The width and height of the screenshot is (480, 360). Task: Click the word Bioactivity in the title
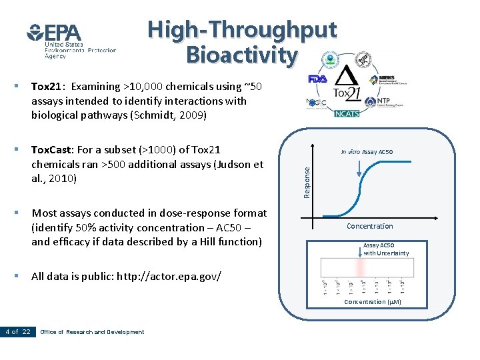pos(241,55)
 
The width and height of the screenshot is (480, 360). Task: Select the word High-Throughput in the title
pos(242,29)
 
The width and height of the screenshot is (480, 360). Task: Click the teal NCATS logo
pos(346,113)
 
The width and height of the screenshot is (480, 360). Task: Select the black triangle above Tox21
pos(347,76)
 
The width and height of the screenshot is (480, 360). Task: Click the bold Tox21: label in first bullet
pos(48,87)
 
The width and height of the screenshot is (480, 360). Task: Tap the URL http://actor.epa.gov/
pos(169,276)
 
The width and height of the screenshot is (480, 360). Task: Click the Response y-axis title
pos(307,181)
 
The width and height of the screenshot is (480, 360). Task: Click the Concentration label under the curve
pos(369,226)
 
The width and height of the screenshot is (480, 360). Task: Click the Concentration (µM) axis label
pos(373,302)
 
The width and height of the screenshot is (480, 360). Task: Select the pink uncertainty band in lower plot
pos(361,267)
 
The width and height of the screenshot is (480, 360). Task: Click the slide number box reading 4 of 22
pos(18,331)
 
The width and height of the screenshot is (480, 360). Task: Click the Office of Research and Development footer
pos(92,332)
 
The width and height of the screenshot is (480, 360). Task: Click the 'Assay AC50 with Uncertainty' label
pos(386,249)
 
